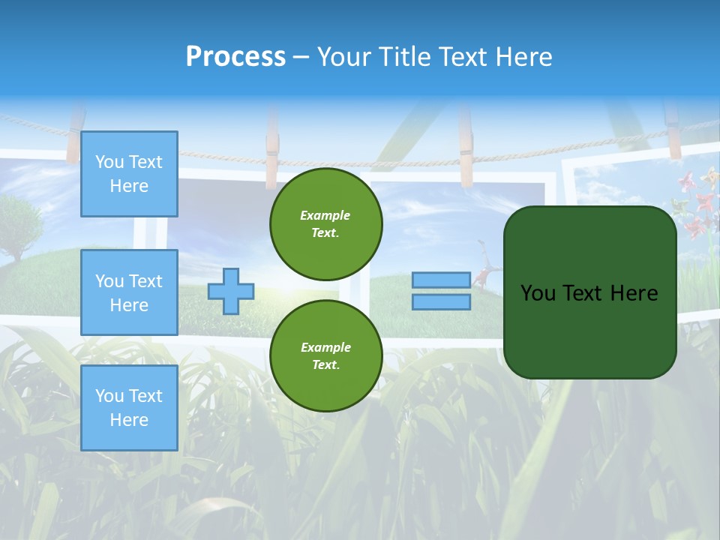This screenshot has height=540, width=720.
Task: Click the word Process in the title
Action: [235, 57]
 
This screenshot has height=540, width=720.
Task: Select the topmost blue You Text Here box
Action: [129, 174]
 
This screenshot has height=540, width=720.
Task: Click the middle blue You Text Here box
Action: [129, 292]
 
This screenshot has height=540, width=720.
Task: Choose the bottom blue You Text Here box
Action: [129, 408]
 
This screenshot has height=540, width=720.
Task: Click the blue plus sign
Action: [230, 291]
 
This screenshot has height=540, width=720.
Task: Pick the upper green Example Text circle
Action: [326, 223]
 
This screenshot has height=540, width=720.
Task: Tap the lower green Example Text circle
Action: [326, 355]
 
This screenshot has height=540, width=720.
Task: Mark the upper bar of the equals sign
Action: [441, 280]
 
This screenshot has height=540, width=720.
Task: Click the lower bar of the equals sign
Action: [441, 302]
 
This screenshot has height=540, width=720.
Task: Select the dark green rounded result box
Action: [590, 330]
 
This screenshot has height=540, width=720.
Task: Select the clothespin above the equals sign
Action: [466, 150]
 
